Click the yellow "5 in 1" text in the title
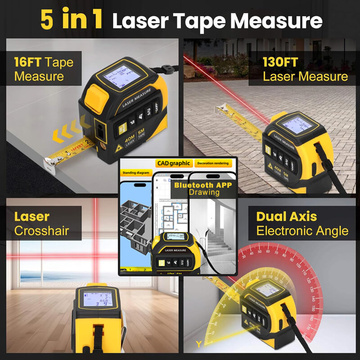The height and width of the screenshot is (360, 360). coord(72,20)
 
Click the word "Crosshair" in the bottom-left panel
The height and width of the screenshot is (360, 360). coord(41,231)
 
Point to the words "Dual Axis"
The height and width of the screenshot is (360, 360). coord(286,216)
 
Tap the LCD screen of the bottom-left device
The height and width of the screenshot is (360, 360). coord(95,300)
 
